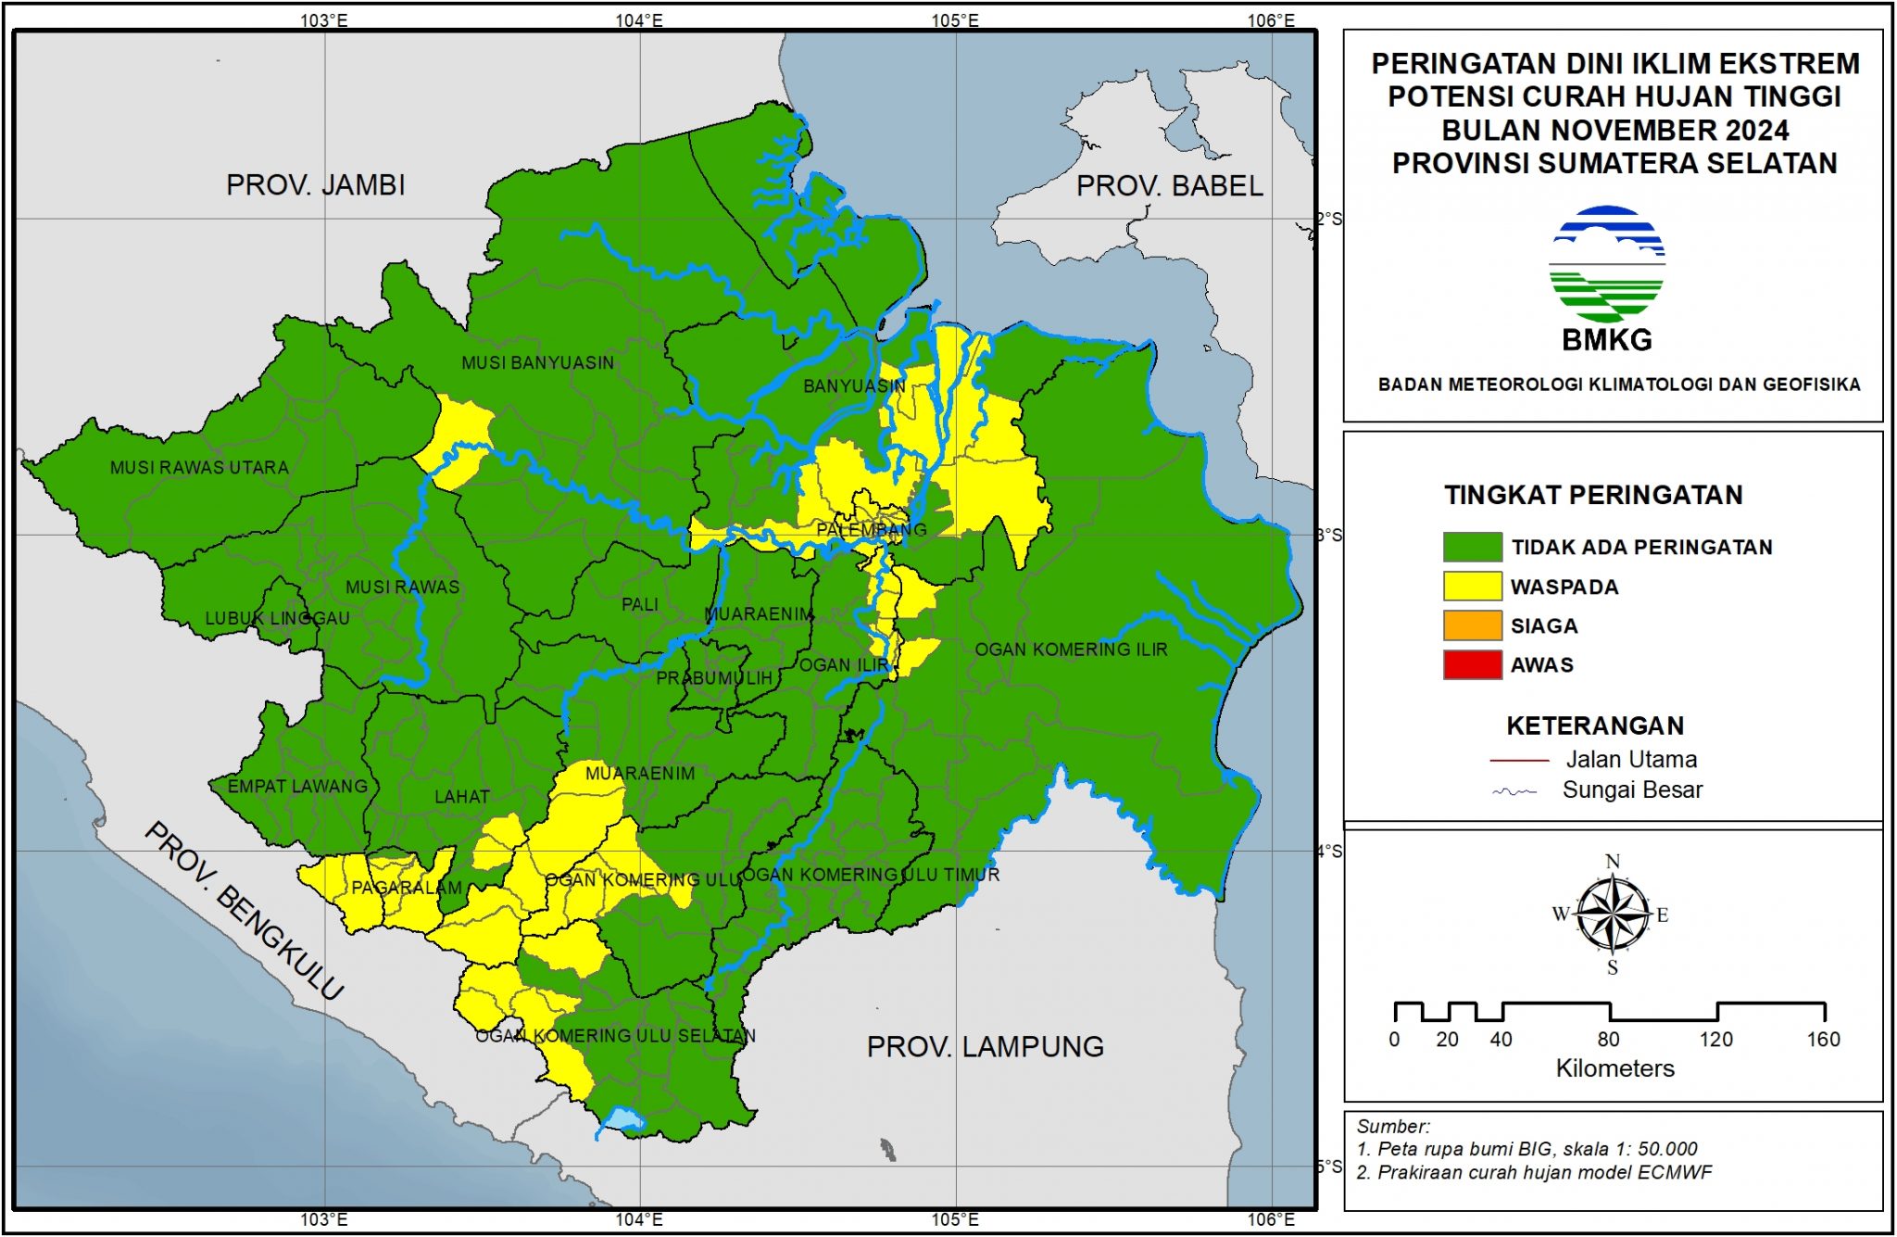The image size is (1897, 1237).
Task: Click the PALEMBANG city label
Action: point(871,530)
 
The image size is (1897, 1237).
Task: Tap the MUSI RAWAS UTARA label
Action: point(199,468)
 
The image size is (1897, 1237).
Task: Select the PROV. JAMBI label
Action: point(315,184)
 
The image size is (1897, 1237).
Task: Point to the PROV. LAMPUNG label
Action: point(985,1047)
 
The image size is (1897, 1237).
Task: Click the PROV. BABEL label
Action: point(1169,186)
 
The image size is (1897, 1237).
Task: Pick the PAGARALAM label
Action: point(406,888)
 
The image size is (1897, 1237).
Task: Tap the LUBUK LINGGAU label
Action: point(277,618)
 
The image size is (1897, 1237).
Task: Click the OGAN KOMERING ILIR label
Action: point(1071,650)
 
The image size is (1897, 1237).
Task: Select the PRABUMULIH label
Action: point(714,678)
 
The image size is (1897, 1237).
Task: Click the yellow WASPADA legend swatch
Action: point(1472,587)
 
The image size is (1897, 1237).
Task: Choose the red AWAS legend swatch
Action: point(1472,664)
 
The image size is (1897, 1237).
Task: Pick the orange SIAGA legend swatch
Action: point(1472,625)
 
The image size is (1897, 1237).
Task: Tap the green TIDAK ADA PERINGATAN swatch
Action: point(1472,547)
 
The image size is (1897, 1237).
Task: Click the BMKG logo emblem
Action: point(1607,264)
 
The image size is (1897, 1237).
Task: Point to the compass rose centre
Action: point(1613,915)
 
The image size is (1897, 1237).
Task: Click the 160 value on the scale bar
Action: point(1822,1040)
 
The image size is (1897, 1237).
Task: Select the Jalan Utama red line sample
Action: point(1519,761)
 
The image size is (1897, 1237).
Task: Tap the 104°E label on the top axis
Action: point(639,20)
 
